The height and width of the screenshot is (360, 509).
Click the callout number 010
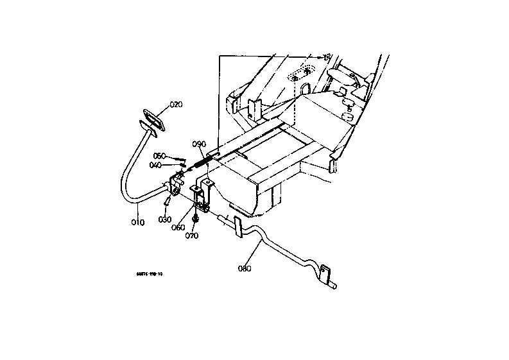click(138, 222)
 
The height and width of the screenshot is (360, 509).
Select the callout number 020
click(176, 105)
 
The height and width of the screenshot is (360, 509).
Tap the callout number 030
click(165, 219)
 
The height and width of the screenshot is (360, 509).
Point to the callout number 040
click(155, 165)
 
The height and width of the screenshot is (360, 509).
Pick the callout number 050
click(160, 155)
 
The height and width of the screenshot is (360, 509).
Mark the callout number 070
click(192, 236)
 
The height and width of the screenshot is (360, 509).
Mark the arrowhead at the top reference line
click(327, 57)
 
